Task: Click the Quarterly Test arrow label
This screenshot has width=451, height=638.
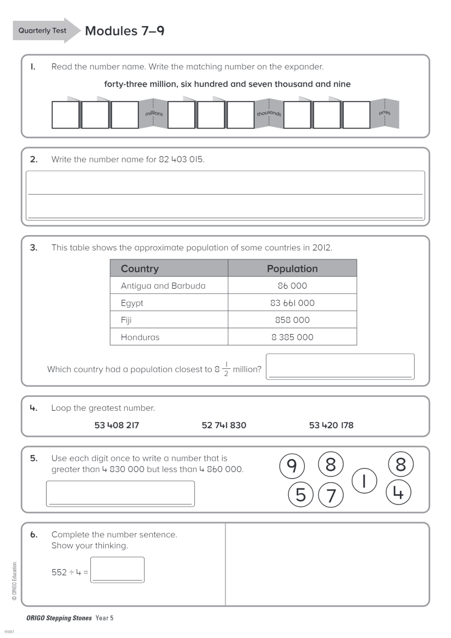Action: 43,30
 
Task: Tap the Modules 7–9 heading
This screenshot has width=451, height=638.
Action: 125,31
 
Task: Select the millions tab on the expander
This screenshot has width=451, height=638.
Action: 154,113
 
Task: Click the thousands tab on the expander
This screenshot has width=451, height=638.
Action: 269,113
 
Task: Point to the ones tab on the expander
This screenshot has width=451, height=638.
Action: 385,113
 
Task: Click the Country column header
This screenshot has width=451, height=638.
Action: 140,269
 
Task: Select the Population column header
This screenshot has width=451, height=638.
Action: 292,269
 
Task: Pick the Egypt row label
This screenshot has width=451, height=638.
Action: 132,303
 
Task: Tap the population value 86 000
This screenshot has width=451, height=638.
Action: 292,286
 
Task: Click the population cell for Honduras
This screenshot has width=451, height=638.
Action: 292,337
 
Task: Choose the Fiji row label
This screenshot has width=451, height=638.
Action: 126,320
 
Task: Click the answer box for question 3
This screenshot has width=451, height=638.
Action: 340,367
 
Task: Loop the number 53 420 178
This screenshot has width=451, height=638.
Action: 331,425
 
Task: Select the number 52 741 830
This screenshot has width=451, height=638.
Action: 224,425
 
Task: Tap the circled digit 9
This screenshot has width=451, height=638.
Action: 292,466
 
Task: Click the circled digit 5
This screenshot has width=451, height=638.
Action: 301,495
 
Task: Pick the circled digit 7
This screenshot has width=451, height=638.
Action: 331,495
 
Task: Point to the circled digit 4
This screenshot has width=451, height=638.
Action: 398,492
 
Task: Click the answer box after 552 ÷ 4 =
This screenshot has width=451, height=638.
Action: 117,570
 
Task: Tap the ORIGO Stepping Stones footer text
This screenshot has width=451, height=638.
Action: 59,618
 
